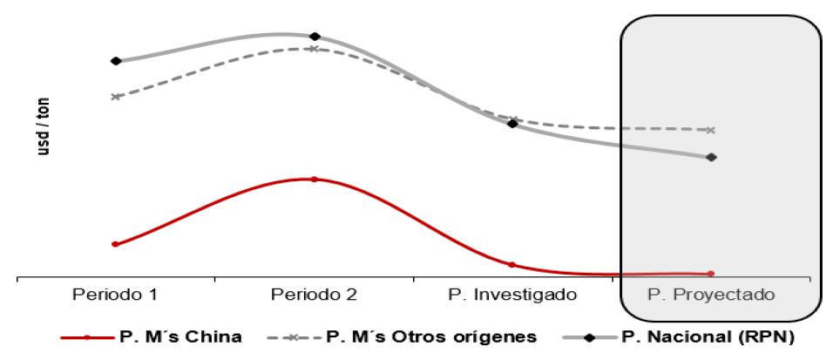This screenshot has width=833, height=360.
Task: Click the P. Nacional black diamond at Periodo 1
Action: click(116, 61)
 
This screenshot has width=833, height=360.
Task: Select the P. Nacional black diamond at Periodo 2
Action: click(315, 37)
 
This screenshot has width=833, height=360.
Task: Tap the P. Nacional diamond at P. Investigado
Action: click(512, 124)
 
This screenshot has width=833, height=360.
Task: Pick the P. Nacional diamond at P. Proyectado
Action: click(712, 158)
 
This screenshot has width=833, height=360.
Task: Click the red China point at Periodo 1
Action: click(115, 244)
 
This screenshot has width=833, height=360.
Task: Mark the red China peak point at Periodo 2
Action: click(314, 180)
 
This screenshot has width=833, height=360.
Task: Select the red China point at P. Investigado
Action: click(511, 264)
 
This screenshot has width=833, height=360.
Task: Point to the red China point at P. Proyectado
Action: click(711, 274)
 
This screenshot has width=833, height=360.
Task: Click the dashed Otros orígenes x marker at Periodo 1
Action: click(116, 97)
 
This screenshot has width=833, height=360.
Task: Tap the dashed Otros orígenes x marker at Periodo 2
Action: click(314, 49)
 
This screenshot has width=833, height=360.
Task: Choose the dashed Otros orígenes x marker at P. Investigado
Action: click(513, 119)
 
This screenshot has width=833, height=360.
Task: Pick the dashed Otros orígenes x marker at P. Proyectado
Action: click(712, 130)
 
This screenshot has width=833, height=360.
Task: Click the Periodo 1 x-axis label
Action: click(115, 294)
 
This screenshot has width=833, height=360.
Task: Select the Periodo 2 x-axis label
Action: click(314, 294)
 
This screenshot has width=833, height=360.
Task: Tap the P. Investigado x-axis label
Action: click(512, 294)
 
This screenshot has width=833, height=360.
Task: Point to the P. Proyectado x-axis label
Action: click(712, 294)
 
